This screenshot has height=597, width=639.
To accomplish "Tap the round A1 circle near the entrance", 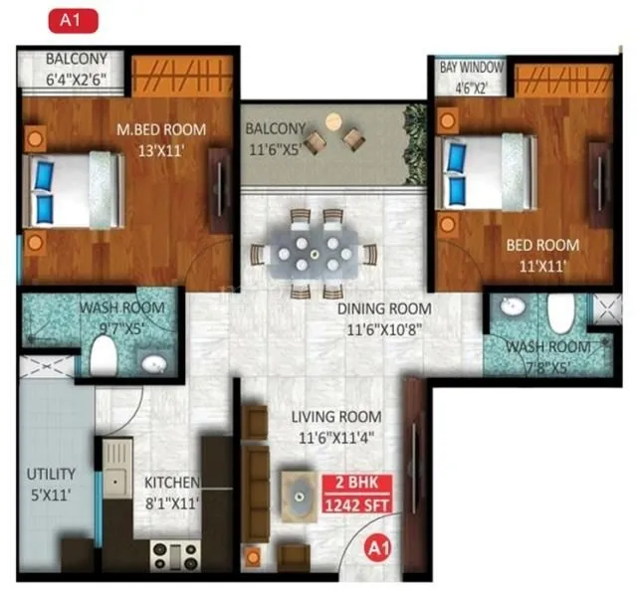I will click(x=376, y=545).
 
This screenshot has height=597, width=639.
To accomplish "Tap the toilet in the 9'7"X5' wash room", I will click(x=103, y=355).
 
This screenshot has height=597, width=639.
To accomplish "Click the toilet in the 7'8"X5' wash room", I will click(x=559, y=314).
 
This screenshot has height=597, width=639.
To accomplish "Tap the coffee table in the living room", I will click(x=300, y=493).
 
